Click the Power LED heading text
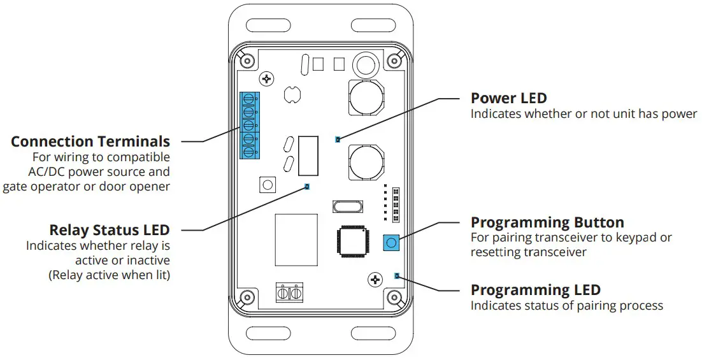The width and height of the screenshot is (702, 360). [x=508, y=98]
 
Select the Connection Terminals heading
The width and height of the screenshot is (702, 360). [x=90, y=141]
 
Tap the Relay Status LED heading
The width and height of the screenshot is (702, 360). [x=110, y=229]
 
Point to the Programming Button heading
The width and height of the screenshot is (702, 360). [x=547, y=222]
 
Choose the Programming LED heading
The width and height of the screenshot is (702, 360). [x=535, y=290]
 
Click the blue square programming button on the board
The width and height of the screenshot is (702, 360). [x=390, y=243]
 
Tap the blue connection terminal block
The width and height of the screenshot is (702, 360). [x=250, y=125]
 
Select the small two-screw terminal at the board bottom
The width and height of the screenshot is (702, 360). [x=289, y=293]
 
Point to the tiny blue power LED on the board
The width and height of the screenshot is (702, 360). [x=338, y=139]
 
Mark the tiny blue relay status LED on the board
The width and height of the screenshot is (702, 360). [x=307, y=187]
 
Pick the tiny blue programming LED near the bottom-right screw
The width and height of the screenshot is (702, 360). [x=397, y=276]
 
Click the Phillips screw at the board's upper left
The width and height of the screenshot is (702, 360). [x=266, y=79]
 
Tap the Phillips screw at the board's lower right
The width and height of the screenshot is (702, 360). [x=375, y=278]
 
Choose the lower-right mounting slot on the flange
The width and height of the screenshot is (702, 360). [x=369, y=333]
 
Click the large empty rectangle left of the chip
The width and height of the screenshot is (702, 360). [x=296, y=240]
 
